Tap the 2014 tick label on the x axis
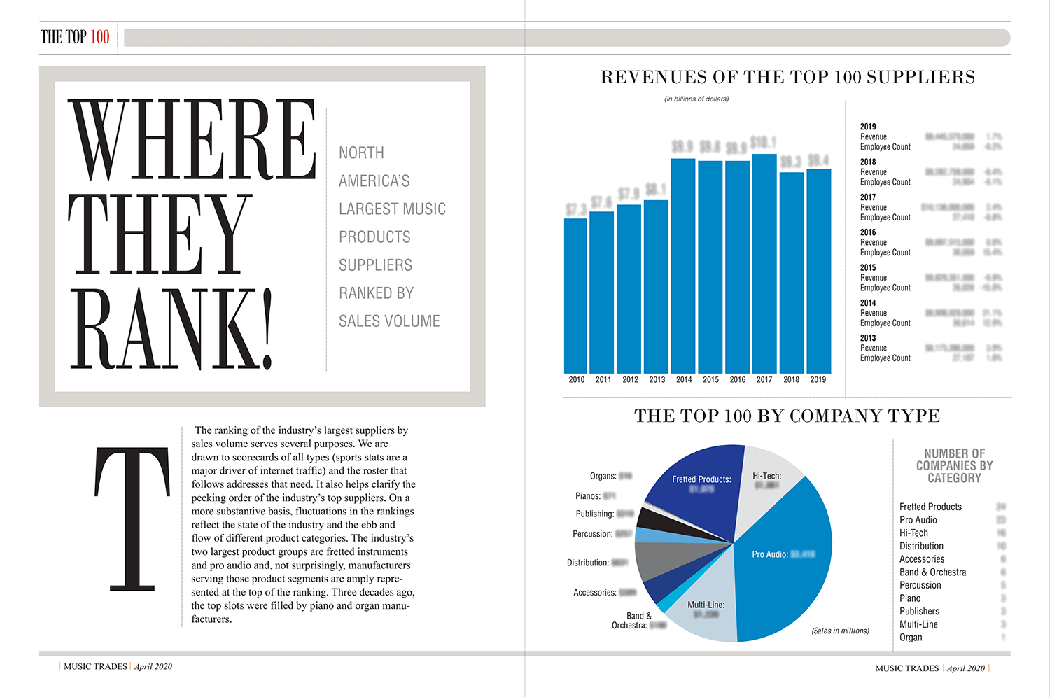(684, 380)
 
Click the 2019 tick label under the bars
(818, 380)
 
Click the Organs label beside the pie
(603, 476)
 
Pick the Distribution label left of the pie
(588, 563)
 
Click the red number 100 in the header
(100, 37)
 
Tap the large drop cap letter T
(132, 518)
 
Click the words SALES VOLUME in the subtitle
(389, 321)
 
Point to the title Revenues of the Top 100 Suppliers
(787, 77)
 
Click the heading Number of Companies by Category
(954, 466)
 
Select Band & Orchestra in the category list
(932, 572)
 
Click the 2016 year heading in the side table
(868, 232)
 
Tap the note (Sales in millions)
(840, 631)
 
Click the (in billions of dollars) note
(696, 99)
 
